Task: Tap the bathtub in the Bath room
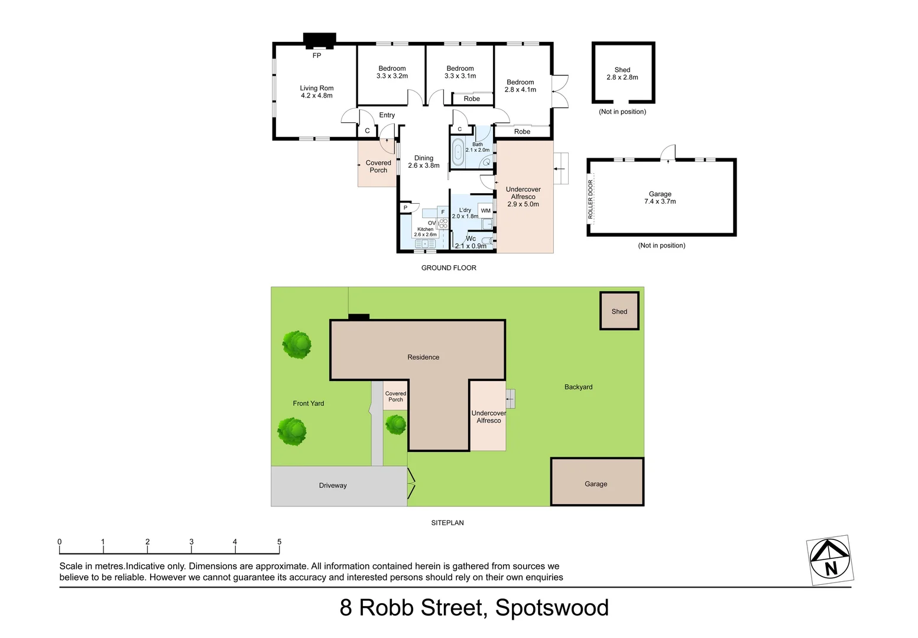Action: tap(458, 152)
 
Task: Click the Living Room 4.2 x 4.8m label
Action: tap(316, 92)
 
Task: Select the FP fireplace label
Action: tap(317, 56)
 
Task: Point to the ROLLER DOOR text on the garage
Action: tap(591, 200)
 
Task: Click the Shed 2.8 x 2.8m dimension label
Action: tap(622, 73)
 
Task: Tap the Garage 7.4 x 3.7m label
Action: tap(660, 197)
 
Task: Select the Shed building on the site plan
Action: tap(619, 311)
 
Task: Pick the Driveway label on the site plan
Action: tap(333, 486)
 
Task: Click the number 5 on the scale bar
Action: tap(279, 542)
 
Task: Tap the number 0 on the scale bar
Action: tap(60, 542)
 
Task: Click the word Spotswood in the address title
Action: tap(552, 608)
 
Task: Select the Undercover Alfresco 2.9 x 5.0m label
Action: tap(523, 197)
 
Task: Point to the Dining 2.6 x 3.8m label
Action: tap(423, 162)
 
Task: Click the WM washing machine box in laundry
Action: tap(485, 211)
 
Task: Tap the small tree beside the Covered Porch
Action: tap(395, 424)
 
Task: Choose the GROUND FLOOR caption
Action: tap(449, 268)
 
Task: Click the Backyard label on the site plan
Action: tap(578, 387)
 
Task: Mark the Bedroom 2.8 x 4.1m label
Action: tap(520, 86)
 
